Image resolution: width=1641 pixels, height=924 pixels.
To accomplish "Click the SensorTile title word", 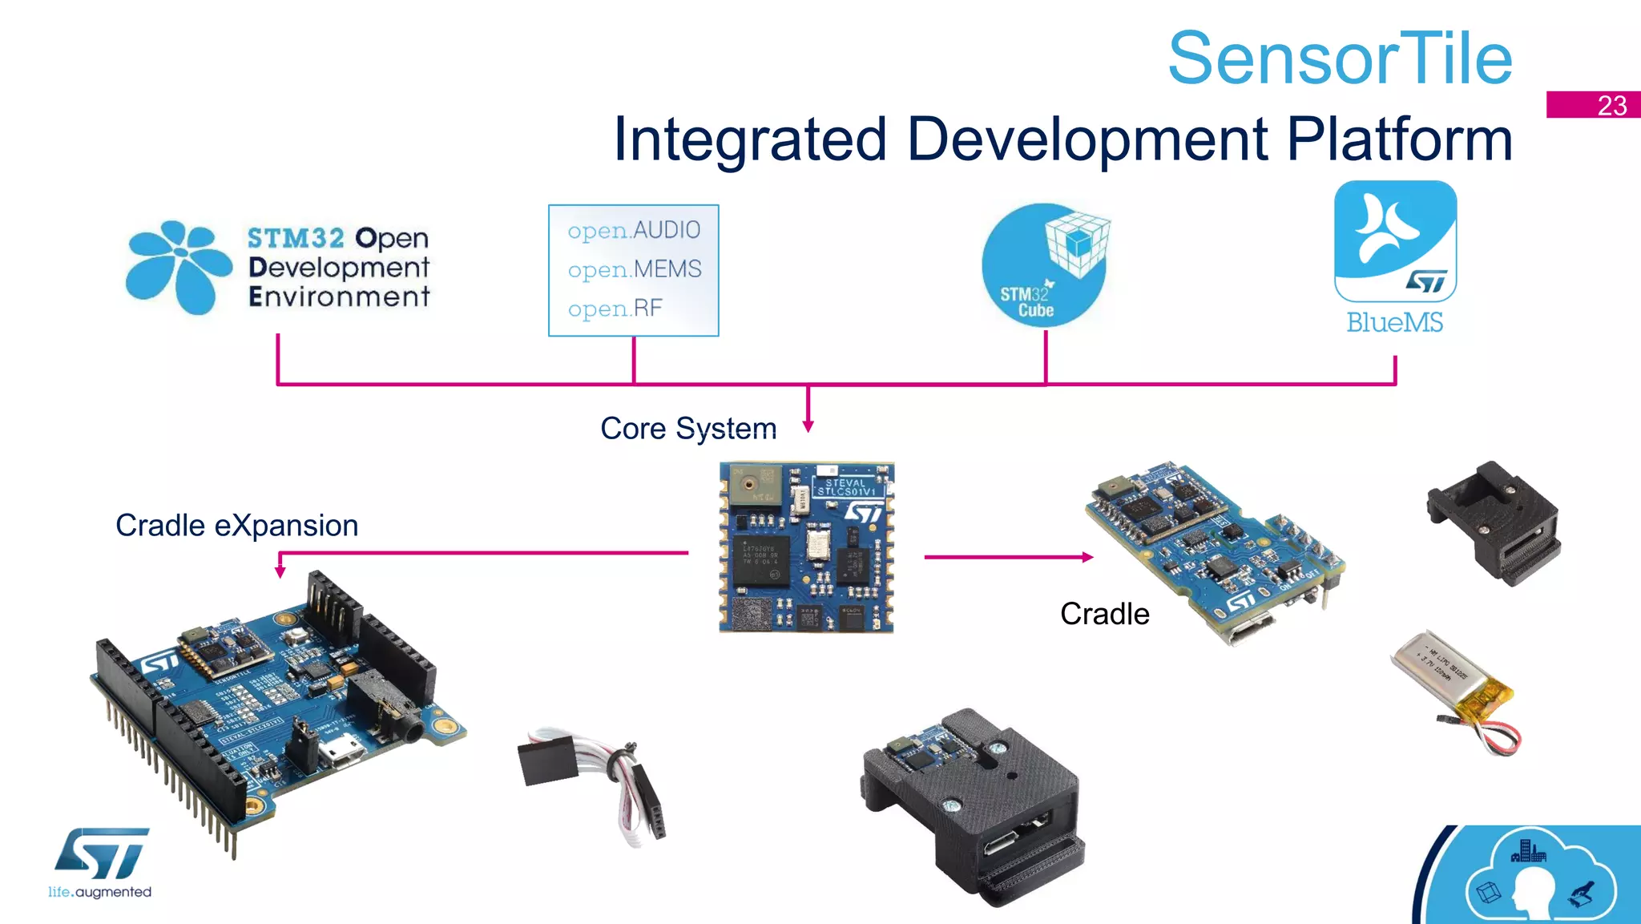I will (1340, 59).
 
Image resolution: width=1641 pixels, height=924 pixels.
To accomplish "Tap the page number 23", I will (1611, 106).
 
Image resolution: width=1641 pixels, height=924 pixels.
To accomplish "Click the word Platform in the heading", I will (1399, 139).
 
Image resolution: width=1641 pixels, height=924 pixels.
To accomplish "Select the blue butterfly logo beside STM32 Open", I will (178, 267).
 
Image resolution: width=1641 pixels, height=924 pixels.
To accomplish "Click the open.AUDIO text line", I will (634, 231).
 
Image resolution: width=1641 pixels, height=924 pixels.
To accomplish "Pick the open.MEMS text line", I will (634, 269).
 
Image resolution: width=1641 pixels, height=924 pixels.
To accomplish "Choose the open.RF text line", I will (615, 309).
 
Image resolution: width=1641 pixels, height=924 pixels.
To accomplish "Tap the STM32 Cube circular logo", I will (1044, 265).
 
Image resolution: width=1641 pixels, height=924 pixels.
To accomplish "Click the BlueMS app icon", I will (1395, 240).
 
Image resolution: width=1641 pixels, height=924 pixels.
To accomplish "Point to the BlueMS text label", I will (1394, 323).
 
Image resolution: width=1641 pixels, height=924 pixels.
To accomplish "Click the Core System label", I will (688, 429).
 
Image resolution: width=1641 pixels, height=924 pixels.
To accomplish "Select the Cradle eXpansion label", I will (237, 526).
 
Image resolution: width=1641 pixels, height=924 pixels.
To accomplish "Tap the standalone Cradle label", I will (1104, 614).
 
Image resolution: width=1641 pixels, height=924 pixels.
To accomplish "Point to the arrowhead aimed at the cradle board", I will (1087, 557).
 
